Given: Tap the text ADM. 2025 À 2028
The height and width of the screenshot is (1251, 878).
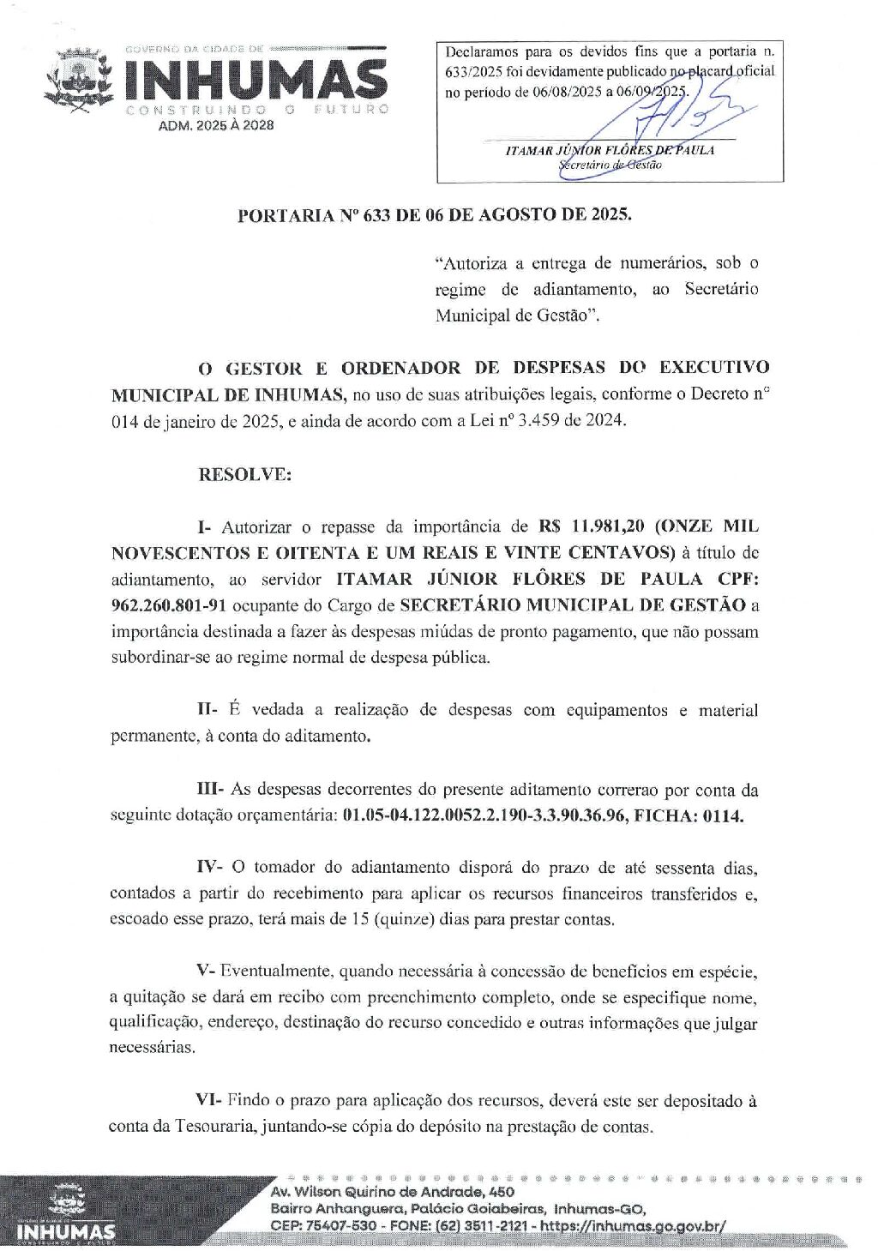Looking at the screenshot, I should click(x=217, y=125).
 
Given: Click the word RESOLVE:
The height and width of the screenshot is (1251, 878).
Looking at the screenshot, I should click(x=244, y=474).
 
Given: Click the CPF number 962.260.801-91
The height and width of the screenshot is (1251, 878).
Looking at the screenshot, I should click(x=169, y=605).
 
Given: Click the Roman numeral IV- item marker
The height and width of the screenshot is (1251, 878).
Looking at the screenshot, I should click(x=209, y=867).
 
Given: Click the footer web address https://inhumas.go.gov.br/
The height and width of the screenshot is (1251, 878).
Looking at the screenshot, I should click(x=652, y=1225).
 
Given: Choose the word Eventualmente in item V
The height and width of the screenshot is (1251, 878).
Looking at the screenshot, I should click(x=275, y=971).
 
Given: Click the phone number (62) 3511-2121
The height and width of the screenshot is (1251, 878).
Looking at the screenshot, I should click(x=480, y=1225).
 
